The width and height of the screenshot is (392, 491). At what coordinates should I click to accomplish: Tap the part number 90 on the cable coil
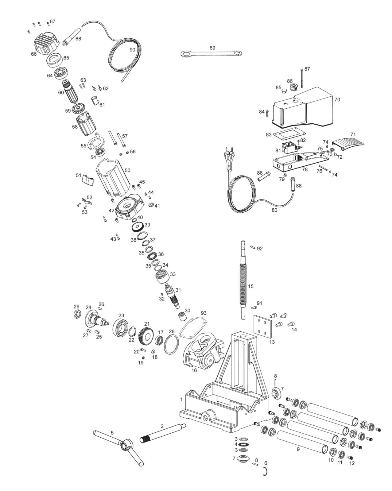tap(132, 50)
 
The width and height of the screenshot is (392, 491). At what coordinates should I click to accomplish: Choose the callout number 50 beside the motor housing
tap(127, 170)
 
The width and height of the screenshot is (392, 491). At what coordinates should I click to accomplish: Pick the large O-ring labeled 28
tap(171, 345)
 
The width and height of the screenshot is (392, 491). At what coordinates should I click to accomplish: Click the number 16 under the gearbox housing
tap(194, 370)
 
